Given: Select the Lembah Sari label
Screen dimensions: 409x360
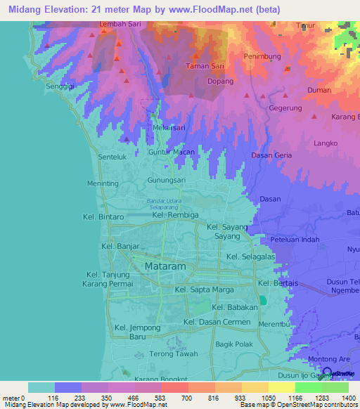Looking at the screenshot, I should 120,24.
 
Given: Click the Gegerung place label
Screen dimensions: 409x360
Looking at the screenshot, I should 285,108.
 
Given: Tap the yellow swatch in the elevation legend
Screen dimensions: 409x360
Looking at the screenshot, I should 281,387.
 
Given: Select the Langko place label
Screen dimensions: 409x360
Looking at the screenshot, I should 327,143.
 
